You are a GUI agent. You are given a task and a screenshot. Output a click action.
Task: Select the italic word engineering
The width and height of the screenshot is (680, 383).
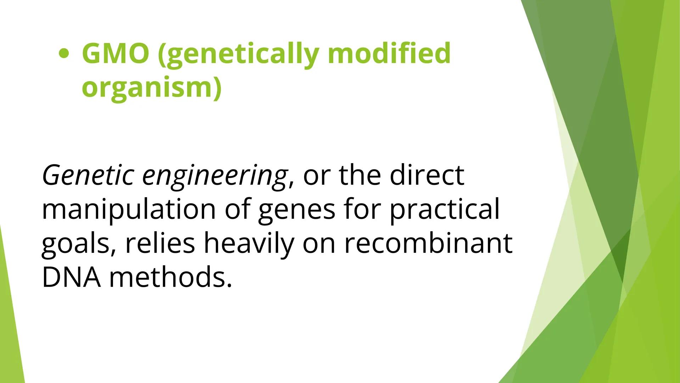(x=214, y=177)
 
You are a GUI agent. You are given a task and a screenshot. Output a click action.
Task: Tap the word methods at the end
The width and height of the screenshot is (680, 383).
(x=170, y=277)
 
